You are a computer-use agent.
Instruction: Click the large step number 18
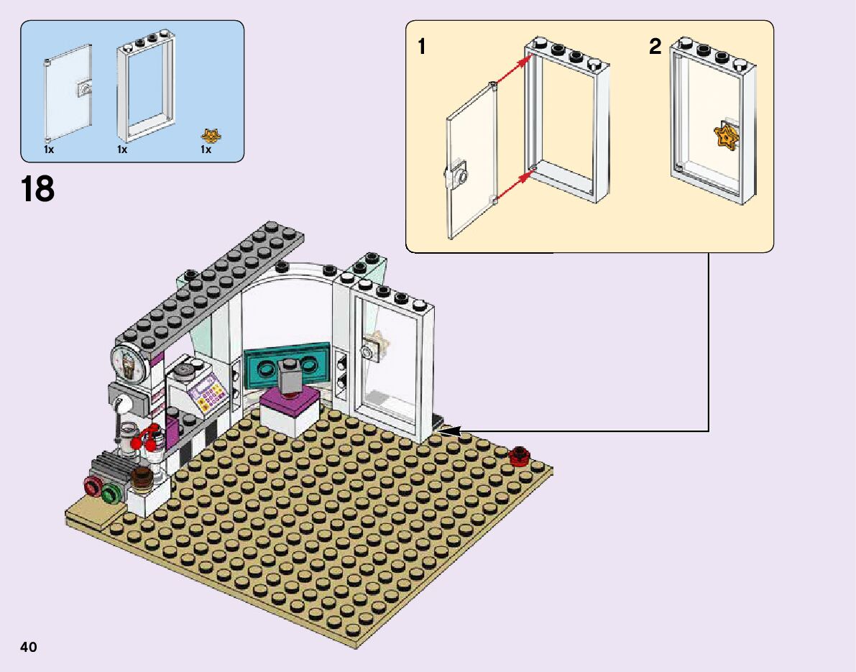point(37,189)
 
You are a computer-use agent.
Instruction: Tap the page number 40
point(29,647)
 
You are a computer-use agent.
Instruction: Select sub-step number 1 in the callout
point(422,47)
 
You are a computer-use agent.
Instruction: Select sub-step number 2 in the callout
point(655,47)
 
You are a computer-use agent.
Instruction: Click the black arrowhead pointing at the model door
point(450,431)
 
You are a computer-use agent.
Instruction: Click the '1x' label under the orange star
point(206,150)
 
